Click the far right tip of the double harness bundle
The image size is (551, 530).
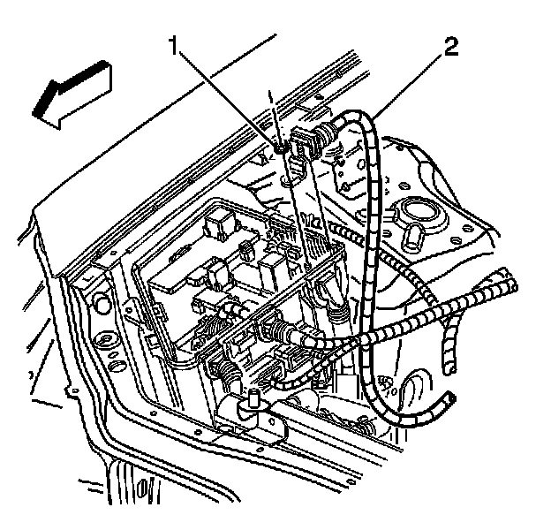tap(512, 284)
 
